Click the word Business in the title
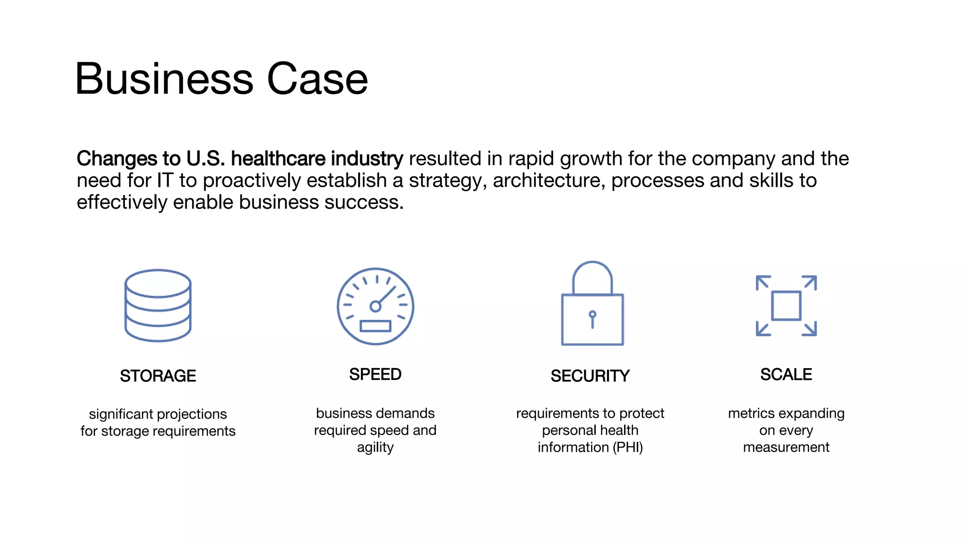pyautogui.click(x=164, y=79)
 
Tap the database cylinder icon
pyautogui.click(x=158, y=306)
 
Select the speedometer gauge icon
pyautogui.click(x=375, y=306)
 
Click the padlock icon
pyautogui.click(x=592, y=304)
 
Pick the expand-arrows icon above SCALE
pyautogui.click(x=786, y=306)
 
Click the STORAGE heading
pyautogui.click(x=158, y=376)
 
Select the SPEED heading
pyautogui.click(x=375, y=375)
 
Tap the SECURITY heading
pyautogui.click(x=590, y=376)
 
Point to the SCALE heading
pyautogui.click(x=786, y=375)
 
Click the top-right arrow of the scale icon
pyautogui.click(x=810, y=282)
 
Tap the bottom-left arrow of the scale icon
pyautogui.click(x=762, y=329)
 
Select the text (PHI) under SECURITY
pyautogui.click(x=628, y=448)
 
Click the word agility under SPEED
pyautogui.click(x=375, y=448)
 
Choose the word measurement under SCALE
pyautogui.click(x=786, y=448)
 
